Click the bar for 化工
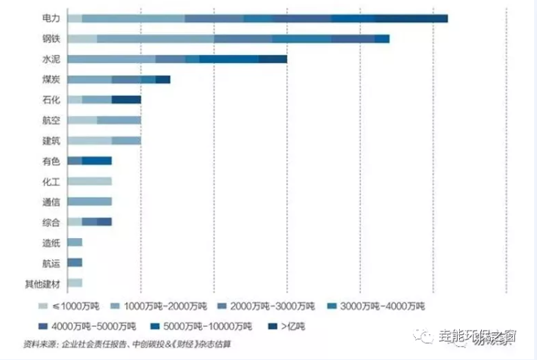click(89, 181)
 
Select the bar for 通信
click(89, 201)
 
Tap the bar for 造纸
click(74, 242)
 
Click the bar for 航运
click(74, 262)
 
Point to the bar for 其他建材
click(74, 283)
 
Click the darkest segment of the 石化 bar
click(126, 99)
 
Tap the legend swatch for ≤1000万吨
click(43, 305)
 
